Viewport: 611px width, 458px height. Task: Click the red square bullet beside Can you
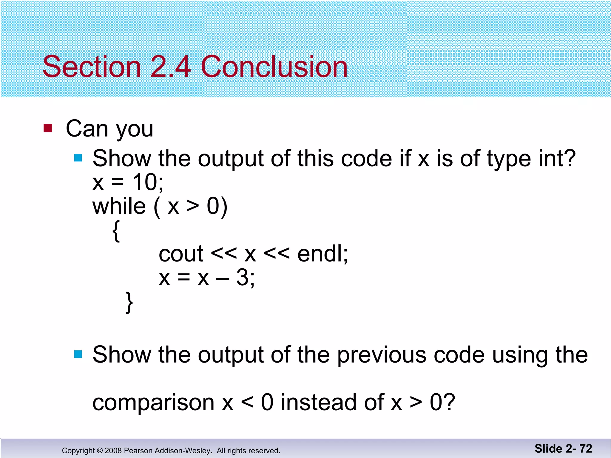coord(48,128)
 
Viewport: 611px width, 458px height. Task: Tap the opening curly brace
coord(116,231)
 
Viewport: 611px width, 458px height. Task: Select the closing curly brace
coord(129,302)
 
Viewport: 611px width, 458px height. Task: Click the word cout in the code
coord(181,254)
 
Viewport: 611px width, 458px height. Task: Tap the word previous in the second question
coord(382,355)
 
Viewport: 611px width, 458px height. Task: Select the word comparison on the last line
coord(153,403)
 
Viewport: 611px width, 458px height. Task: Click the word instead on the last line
coord(319,403)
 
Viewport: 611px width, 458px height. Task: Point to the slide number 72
coord(586,448)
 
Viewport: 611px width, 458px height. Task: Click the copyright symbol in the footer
coord(100,451)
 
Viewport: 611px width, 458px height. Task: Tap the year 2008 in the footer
coord(113,451)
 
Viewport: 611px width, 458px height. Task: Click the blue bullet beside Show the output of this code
coord(78,158)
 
